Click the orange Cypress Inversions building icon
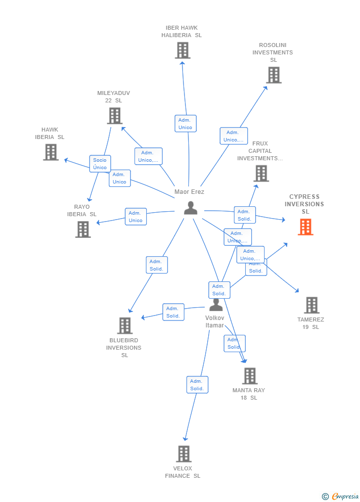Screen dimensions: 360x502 [306, 227]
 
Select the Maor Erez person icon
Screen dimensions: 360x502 [190, 208]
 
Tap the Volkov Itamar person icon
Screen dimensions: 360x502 [216, 305]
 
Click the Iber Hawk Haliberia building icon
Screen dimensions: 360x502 [182, 50]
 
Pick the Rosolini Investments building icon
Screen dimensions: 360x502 [273, 75]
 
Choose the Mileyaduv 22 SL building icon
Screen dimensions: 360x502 [115, 116]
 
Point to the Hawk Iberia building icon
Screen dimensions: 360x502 [50, 152]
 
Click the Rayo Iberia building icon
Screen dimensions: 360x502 [83, 229]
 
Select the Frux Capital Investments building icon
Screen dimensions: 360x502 [261, 174]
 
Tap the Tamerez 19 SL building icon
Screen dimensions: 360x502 [312, 305]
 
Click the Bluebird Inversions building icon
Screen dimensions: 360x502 [125, 325]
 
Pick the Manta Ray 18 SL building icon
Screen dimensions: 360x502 [250, 376]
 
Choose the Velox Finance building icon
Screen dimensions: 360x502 [183, 454]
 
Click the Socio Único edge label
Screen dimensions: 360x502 [100, 164]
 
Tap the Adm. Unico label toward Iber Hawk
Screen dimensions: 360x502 [185, 124]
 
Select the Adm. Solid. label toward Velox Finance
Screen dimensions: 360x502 [197, 385]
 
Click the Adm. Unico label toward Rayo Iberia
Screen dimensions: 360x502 [135, 217]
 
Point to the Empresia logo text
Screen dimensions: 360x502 [345, 497]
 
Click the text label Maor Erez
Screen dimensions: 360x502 [189, 192]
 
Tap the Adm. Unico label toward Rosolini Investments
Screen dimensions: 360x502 [233, 136]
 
